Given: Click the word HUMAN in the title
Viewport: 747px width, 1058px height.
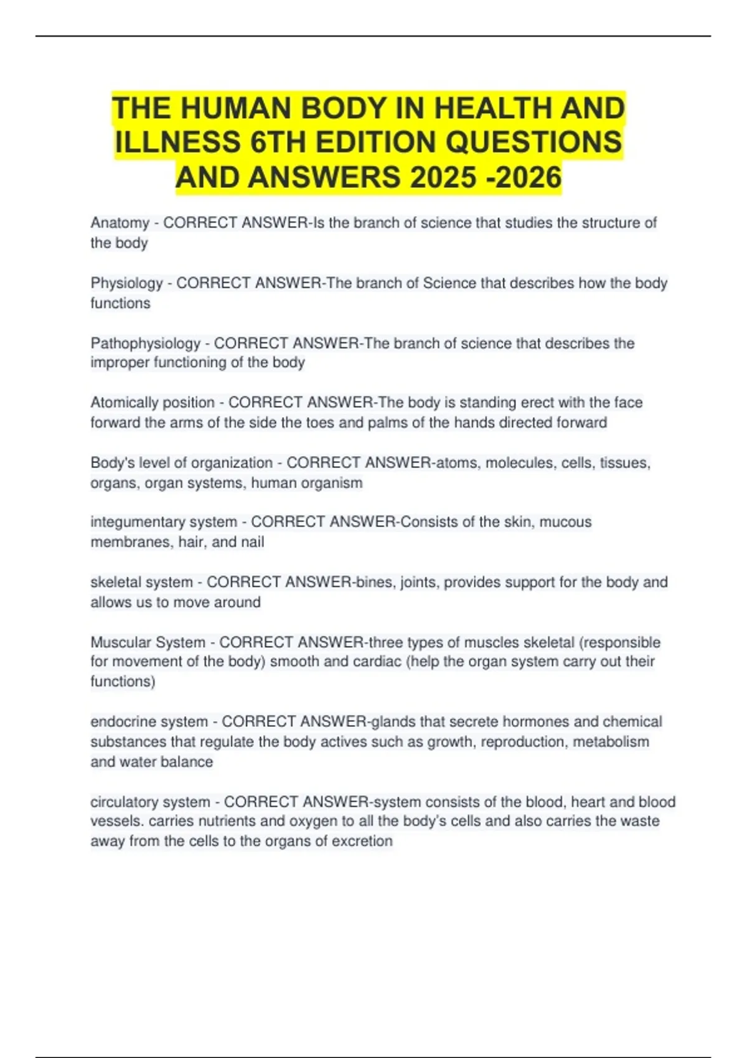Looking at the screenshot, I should (235, 108).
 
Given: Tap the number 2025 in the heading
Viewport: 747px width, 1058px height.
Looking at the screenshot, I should (443, 177).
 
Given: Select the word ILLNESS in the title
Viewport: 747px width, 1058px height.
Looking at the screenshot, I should (177, 143).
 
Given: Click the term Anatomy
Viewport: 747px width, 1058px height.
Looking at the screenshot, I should (120, 223).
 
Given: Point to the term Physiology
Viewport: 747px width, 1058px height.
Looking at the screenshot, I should (126, 283).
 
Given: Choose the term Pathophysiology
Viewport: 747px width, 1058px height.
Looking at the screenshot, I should (146, 344).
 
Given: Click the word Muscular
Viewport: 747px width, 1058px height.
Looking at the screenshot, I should (116, 642).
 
